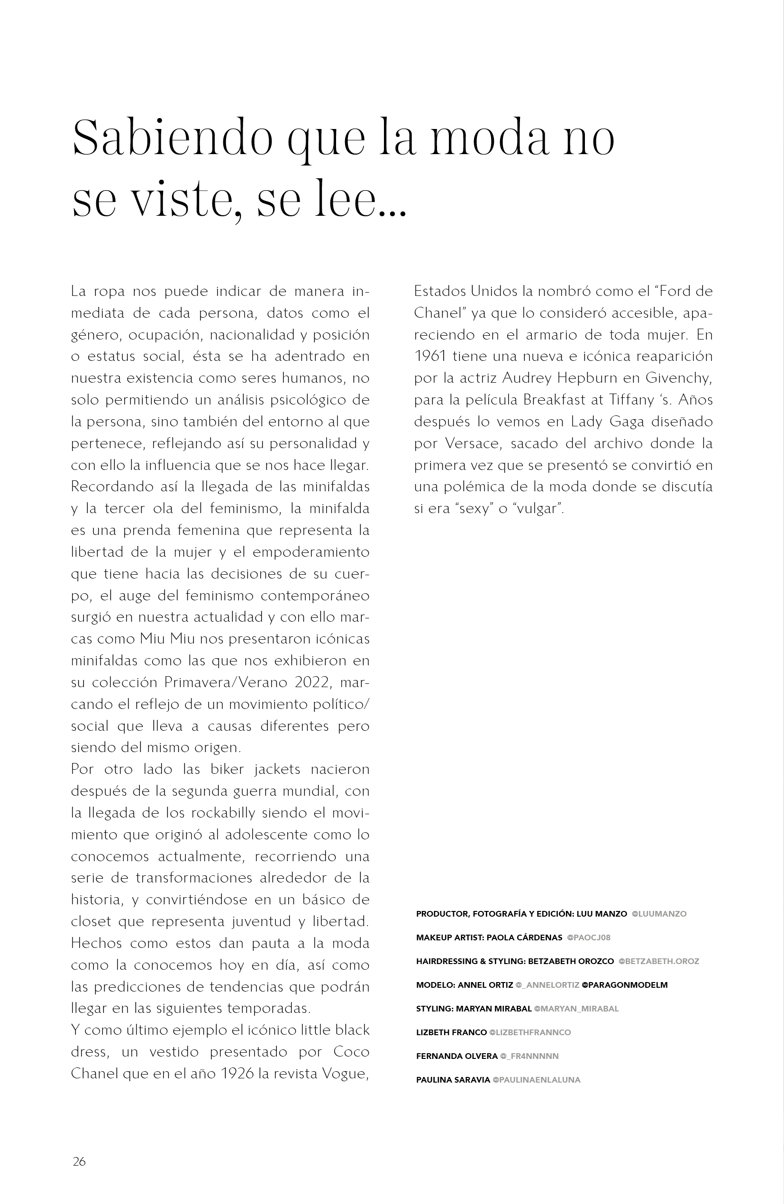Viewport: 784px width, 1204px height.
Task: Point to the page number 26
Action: [80, 1161]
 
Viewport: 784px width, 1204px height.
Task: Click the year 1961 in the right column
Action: [429, 356]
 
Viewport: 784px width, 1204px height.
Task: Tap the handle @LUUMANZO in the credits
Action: [659, 914]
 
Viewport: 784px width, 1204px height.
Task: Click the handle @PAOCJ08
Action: [589, 937]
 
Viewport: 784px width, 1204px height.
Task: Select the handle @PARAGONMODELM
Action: [625, 985]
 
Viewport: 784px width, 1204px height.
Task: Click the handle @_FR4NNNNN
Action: [529, 1056]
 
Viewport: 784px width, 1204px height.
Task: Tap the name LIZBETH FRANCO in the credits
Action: [451, 1032]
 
